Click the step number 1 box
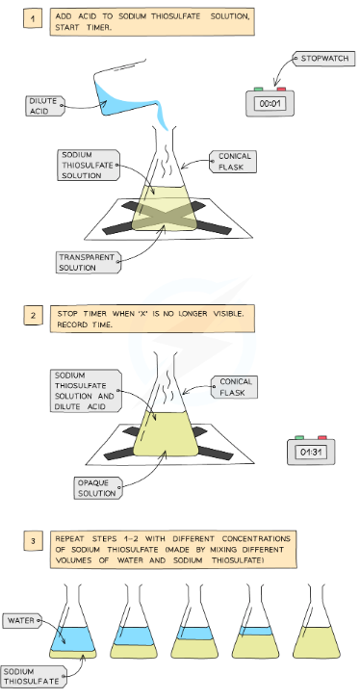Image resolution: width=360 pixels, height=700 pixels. click(x=33, y=19)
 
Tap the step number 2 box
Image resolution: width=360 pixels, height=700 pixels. click(x=33, y=316)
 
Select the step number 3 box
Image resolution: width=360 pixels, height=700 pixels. click(x=33, y=542)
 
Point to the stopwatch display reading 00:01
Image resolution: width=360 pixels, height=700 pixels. click(x=270, y=104)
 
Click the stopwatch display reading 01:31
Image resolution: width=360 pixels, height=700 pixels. click(x=311, y=453)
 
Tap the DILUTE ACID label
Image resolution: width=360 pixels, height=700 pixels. click(x=44, y=106)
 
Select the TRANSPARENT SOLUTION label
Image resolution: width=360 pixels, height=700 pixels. click(x=88, y=262)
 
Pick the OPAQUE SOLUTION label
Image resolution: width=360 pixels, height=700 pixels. click(x=97, y=487)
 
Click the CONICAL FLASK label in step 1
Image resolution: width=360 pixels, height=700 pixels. click(x=233, y=162)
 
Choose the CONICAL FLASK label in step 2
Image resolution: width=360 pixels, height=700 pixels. click(x=234, y=387)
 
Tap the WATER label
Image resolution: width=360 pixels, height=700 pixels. click(x=22, y=620)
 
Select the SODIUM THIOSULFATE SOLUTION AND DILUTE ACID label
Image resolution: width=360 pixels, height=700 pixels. click(x=86, y=390)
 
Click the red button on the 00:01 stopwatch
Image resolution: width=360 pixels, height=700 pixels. click(x=281, y=90)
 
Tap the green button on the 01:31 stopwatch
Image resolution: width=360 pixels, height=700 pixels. click(x=299, y=438)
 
